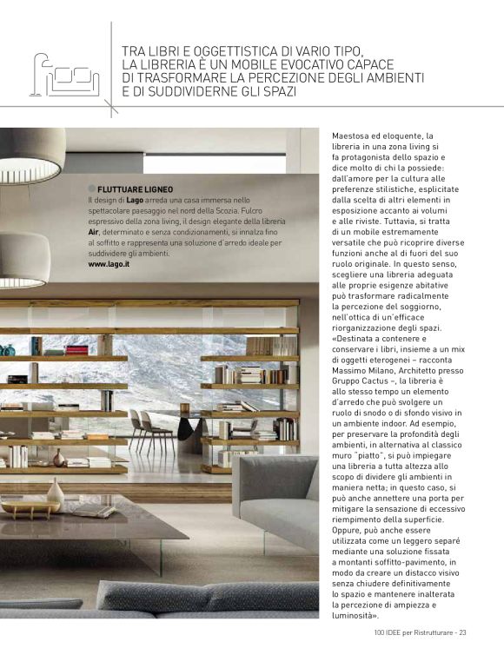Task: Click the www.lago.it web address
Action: point(109,264)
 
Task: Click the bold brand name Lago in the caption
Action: point(135,202)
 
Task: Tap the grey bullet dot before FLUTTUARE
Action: point(91,189)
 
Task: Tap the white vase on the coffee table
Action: point(56,493)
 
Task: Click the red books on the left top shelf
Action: point(77,350)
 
